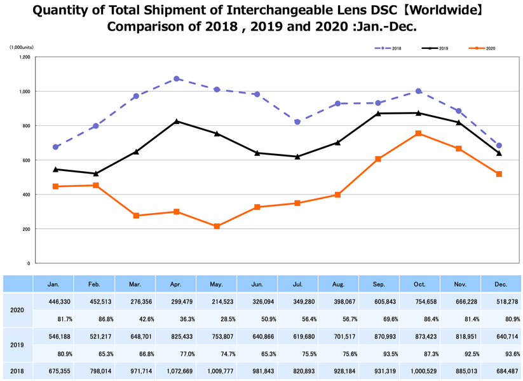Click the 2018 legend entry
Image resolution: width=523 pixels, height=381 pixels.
pyautogui.click(x=391, y=48)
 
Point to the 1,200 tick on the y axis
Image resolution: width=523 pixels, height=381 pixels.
pyautogui.click(x=24, y=57)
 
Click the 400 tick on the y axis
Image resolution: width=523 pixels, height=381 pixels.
pyautogui.click(x=26, y=195)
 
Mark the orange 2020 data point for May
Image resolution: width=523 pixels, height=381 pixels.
pyautogui.click(x=217, y=226)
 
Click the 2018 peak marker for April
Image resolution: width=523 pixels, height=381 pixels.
pyautogui.click(x=176, y=79)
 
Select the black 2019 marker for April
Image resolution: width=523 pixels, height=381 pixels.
pyautogui.click(x=176, y=121)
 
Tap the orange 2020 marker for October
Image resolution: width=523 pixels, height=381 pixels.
pyautogui.click(x=418, y=134)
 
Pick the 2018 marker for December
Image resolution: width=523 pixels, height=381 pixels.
pyautogui.click(x=499, y=146)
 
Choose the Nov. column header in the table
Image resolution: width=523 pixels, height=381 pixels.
pyautogui.click(x=461, y=284)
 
